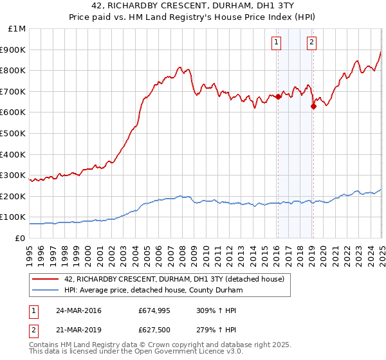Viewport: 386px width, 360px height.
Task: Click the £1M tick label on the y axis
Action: click(17, 28)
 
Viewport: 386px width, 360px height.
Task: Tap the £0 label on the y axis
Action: click(21, 238)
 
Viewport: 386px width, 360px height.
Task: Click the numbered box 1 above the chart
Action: click(276, 43)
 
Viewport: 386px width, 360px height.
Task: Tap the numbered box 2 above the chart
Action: click(311, 43)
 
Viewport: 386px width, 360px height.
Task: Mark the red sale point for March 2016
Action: click(278, 97)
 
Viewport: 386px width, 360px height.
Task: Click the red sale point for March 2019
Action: click(313, 107)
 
